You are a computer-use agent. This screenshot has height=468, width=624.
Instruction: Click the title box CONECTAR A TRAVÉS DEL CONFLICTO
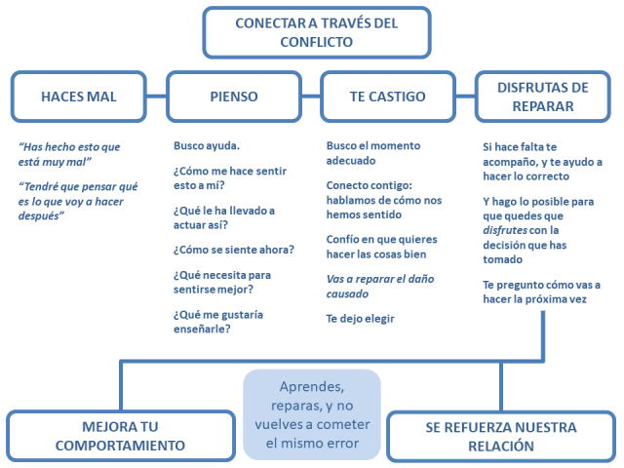(316, 32)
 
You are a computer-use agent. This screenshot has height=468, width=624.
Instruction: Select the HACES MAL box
(79, 96)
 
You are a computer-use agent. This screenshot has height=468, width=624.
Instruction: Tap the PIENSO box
(234, 96)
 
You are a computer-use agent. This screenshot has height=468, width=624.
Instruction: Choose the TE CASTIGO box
(387, 96)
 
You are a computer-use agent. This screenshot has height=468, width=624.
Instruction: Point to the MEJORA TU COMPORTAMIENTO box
(120, 436)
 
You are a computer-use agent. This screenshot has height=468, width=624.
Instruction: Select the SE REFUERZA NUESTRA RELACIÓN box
(500, 436)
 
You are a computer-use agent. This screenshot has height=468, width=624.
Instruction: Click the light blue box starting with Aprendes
(311, 414)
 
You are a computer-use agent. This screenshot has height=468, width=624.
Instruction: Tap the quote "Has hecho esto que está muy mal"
(69, 154)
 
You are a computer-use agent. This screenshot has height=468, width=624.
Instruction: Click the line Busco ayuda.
(207, 146)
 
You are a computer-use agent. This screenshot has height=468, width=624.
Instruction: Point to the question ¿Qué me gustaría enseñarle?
(218, 322)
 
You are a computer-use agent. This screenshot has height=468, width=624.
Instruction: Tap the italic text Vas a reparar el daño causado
(380, 286)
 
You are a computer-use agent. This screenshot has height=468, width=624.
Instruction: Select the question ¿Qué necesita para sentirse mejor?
(223, 283)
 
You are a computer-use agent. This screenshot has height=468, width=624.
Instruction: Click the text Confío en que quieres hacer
(381, 247)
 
